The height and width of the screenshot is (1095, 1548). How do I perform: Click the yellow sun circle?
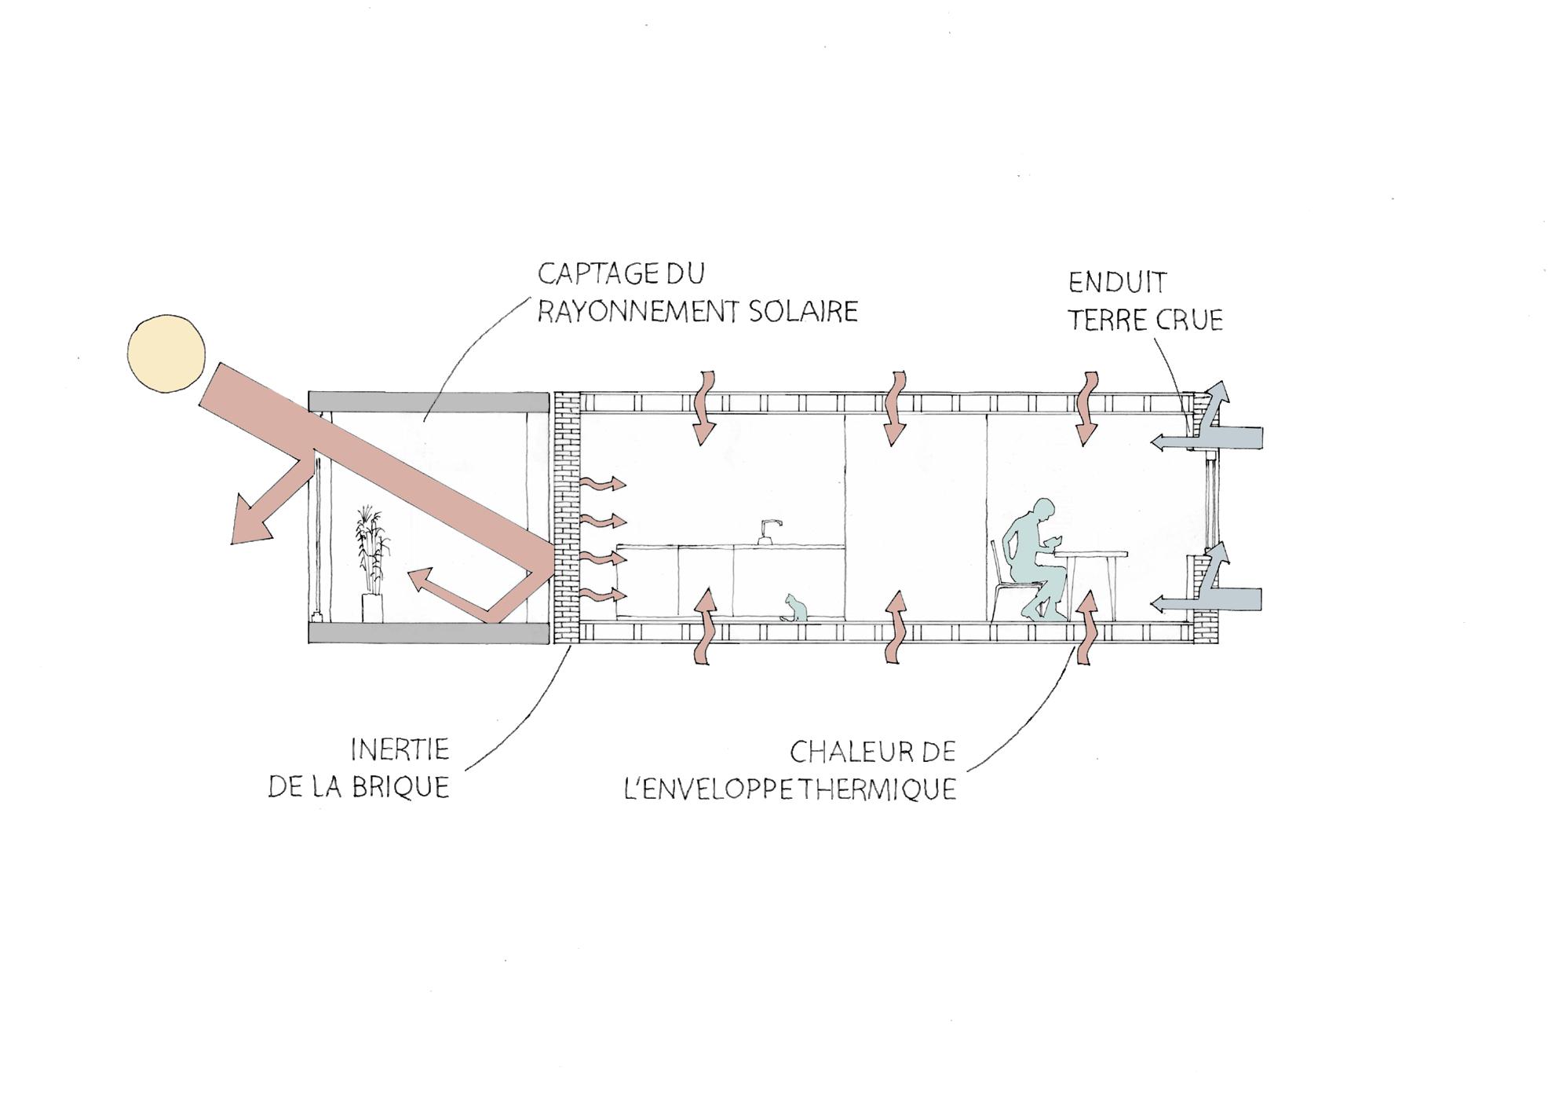coord(166,353)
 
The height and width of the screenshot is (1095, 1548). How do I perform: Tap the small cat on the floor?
coord(796,610)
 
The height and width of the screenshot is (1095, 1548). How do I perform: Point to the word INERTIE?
coord(400,749)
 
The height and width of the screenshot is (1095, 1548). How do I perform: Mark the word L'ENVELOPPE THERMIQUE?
coord(790,789)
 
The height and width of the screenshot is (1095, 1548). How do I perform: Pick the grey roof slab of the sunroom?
coord(428,401)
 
